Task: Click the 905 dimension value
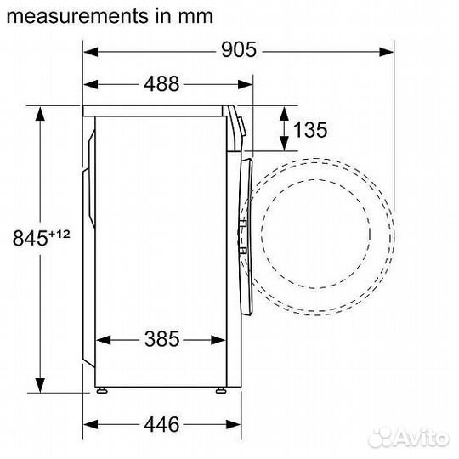point(239,50)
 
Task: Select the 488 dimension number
point(162,83)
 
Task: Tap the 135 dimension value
point(309,129)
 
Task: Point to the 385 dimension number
point(162,339)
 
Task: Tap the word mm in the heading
point(198,15)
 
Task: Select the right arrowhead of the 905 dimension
point(390,50)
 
